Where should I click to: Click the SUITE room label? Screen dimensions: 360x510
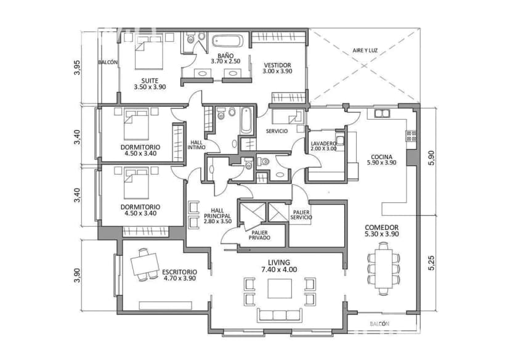click(150, 81)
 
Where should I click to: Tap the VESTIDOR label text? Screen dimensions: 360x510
click(277, 65)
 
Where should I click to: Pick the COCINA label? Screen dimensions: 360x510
click(382, 157)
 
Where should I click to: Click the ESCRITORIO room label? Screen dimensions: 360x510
click(179, 271)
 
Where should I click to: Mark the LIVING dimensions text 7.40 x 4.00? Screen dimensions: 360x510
click(278, 269)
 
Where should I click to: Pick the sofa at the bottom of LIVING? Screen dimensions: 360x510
click(280, 315)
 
